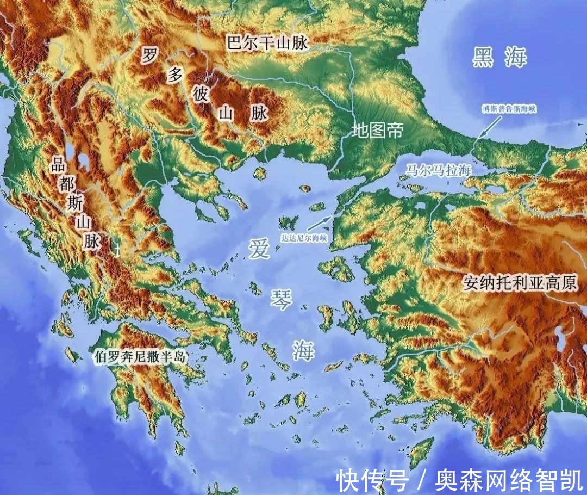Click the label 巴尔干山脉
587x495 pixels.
pyautogui.click(x=267, y=42)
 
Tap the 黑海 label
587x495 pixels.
pyautogui.click(x=499, y=57)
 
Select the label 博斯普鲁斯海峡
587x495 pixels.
pyautogui.click(x=509, y=109)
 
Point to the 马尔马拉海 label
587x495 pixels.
pyautogui.click(x=437, y=170)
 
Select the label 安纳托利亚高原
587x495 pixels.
pyautogui.click(x=520, y=282)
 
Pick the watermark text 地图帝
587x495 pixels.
pyautogui.click(x=377, y=131)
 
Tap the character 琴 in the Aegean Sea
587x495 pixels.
pyautogui.click(x=281, y=299)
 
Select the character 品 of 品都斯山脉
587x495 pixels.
pyautogui.click(x=58, y=165)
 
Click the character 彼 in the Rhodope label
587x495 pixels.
pyautogui.click(x=200, y=94)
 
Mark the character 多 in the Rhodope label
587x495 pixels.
pyautogui.click(x=174, y=75)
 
